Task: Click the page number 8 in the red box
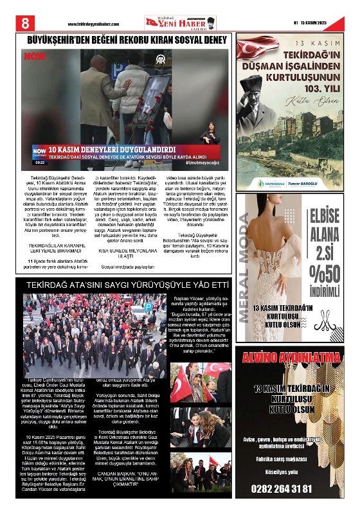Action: coord(26,22)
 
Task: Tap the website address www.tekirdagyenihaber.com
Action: coord(93,24)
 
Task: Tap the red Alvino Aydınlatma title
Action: coord(292,358)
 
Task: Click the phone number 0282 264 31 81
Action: coord(292,489)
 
